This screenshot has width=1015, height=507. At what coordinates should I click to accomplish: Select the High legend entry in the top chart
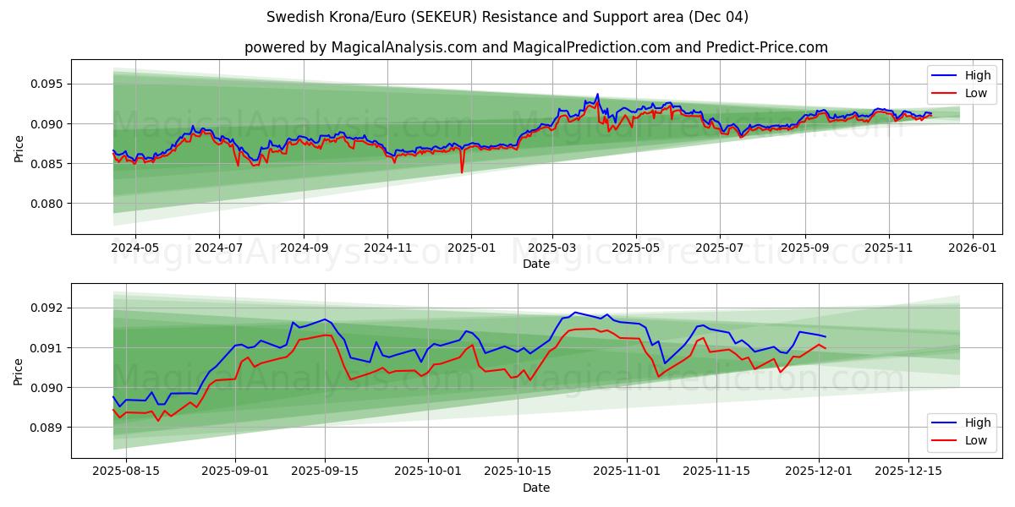[x=963, y=75]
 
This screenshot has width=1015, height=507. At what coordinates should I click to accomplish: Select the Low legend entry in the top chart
[x=963, y=93]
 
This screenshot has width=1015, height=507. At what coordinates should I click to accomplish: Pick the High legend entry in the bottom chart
[x=963, y=422]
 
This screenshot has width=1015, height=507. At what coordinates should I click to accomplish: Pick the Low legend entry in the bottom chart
[x=963, y=440]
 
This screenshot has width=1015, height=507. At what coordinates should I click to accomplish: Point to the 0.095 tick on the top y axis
[x=48, y=84]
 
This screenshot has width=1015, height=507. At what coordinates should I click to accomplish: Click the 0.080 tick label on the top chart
[x=48, y=204]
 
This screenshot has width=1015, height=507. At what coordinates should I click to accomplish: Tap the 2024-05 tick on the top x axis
[x=134, y=248]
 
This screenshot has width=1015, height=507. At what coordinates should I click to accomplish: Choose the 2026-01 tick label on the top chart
[x=972, y=248]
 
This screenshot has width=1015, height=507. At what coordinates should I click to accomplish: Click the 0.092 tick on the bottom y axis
[x=48, y=308]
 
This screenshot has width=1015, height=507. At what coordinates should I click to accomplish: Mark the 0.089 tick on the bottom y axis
[x=48, y=428]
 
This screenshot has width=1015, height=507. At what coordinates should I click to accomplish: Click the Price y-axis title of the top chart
[x=19, y=147]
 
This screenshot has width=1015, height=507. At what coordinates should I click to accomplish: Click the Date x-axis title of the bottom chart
[x=535, y=488]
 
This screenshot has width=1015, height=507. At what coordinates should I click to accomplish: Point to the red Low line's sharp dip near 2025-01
[x=462, y=172]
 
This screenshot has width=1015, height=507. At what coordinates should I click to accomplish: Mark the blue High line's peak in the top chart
[x=597, y=94]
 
